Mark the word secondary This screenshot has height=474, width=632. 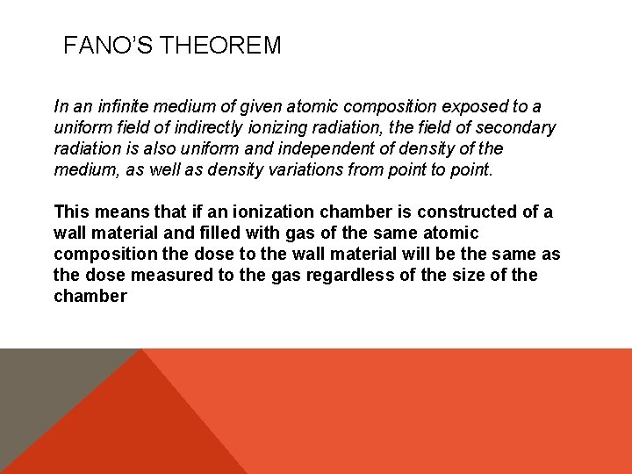click(x=518, y=128)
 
